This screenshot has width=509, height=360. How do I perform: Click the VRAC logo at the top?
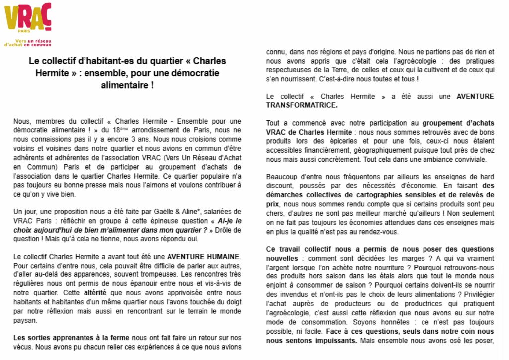coord(28,19)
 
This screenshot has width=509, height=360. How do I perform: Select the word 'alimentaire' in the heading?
coord(128,85)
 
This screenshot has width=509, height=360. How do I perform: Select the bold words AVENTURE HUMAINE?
coord(203,256)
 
